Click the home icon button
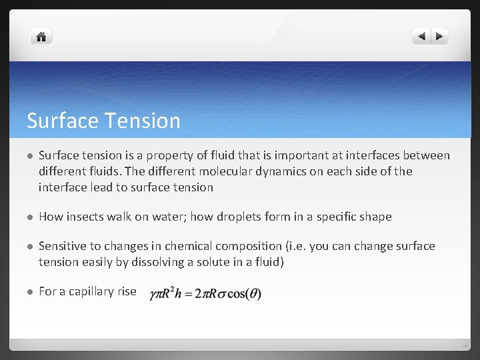pos(41,37)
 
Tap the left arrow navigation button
pos(421,37)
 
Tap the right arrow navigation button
pos(440,37)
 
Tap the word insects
pos(85,217)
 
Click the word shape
pos(375,217)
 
